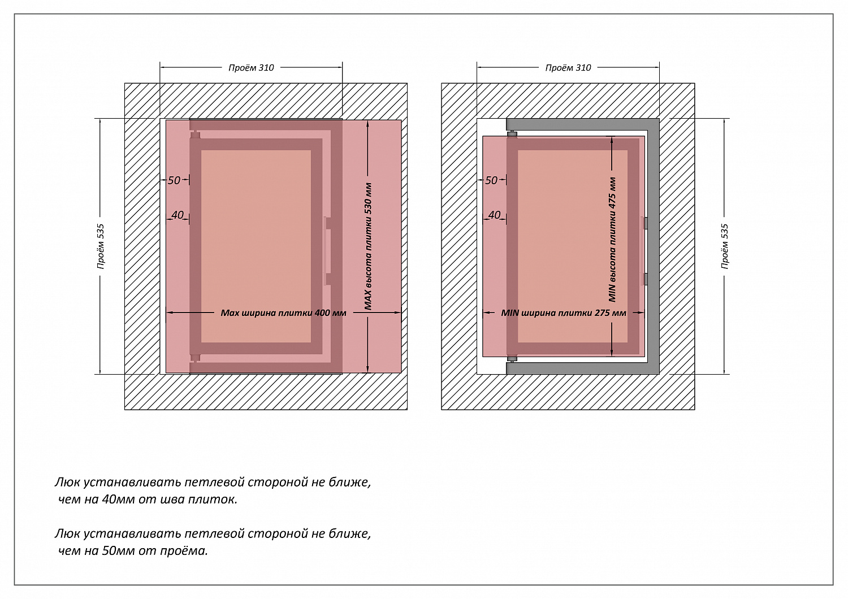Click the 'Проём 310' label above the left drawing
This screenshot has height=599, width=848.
pyautogui.click(x=251, y=68)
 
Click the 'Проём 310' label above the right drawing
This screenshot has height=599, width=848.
pyautogui.click(x=568, y=68)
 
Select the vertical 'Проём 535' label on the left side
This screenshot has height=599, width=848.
pyautogui.click(x=101, y=246)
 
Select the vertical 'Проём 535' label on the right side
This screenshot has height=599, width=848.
pyautogui.click(x=725, y=246)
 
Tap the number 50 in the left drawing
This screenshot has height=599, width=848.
pyautogui.click(x=174, y=180)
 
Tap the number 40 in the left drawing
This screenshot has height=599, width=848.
pyautogui.click(x=178, y=215)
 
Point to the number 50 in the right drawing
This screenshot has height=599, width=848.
pyautogui.click(x=491, y=180)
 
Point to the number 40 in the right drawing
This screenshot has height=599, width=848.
pyautogui.click(x=494, y=215)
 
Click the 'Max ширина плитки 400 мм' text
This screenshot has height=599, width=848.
pyautogui.click(x=283, y=312)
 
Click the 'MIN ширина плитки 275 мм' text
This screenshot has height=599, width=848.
pyautogui.click(x=563, y=312)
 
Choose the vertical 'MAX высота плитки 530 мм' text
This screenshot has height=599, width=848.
pyautogui.click(x=368, y=246)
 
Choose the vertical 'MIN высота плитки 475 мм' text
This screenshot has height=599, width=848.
pyautogui.click(x=613, y=240)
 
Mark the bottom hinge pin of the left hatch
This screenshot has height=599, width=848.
pyautogui.click(x=195, y=358)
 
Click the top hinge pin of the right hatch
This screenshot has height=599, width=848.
pyautogui.click(x=512, y=133)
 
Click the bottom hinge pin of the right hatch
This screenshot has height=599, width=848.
pyautogui.click(x=512, y=359)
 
